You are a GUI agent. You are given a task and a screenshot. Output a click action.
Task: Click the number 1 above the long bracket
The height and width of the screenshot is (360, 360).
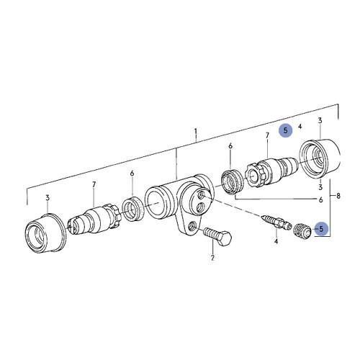[x=195, y=132]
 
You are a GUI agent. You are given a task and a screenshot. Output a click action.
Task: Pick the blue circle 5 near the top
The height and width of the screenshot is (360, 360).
[x=287, y=130]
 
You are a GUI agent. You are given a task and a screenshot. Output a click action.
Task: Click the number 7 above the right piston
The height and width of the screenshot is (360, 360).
[x=267, y=135]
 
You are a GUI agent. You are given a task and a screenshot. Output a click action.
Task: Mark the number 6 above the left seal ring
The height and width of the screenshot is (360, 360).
[x=132, y=174]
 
